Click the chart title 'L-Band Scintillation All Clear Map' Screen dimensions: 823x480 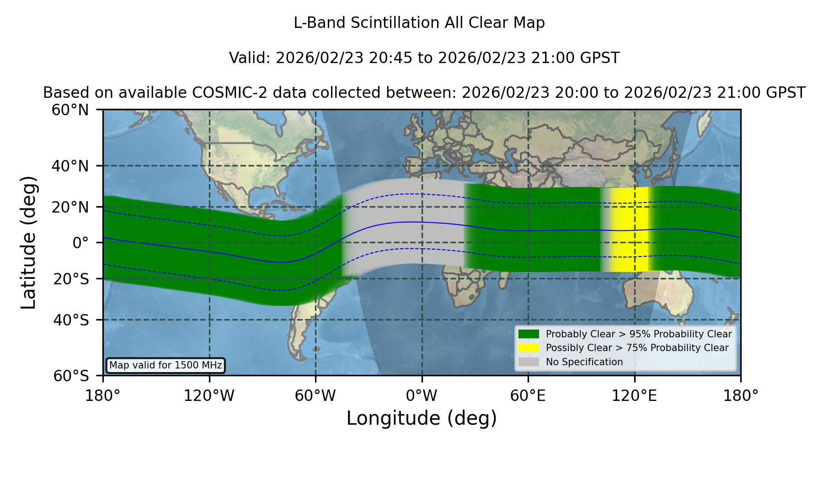pos(419,23)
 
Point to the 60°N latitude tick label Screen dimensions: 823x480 pos(70,110)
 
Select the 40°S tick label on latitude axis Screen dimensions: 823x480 pos(71,320)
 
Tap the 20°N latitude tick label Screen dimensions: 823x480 pos(70,207)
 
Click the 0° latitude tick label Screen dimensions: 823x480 pos(80,243)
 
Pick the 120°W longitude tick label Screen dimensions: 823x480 pos(209,396)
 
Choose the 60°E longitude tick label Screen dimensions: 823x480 pos(528,396)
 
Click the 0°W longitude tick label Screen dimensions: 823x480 pos(422,396)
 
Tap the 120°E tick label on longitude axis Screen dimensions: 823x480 pos(634,396)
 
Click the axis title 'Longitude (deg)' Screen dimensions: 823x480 pos(422,418)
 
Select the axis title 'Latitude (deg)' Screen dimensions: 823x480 pos(29,242)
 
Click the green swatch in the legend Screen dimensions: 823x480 pos(529,334)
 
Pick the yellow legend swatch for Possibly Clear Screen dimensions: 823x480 pos(529,348)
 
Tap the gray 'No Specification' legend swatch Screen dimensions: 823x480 pos(529,362)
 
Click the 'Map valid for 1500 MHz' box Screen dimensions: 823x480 pos(166,365)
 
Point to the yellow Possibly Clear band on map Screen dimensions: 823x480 pos(630,229)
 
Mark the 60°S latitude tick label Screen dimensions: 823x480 pos(71,376)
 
